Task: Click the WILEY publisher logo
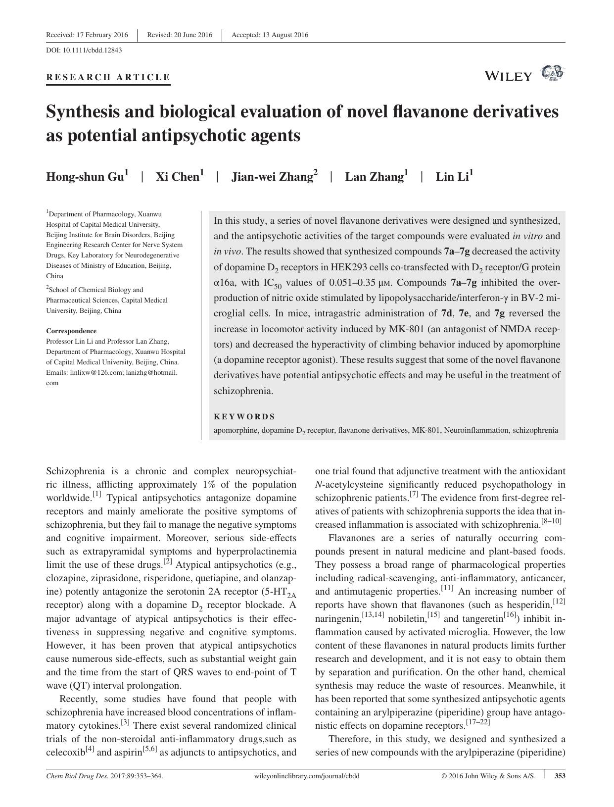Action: tap(509, 76)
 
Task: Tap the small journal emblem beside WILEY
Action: tap(553, 73)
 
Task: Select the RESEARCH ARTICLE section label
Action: tap(108, 77)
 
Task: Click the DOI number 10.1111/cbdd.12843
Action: tap(92, 50)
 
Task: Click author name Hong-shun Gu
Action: tap(87, 177)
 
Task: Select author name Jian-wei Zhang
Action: tap(274, 177)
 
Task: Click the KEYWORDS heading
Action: tap(244, 417)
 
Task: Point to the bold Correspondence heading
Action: tap(71, 331)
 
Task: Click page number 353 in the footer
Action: tap(560, 776)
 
